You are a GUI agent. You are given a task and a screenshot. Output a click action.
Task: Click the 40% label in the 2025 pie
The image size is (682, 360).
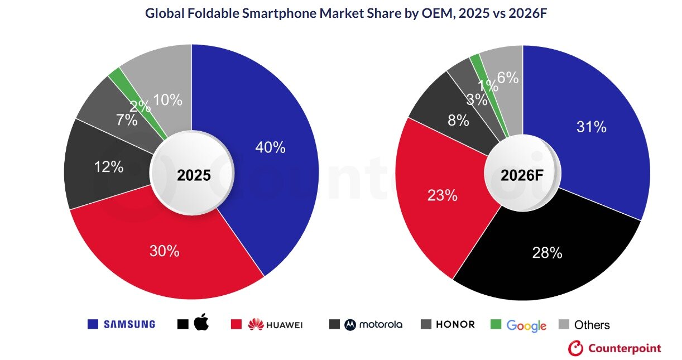coord(270,147)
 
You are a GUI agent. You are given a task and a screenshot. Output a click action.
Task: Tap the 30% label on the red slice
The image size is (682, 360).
coord(165,251)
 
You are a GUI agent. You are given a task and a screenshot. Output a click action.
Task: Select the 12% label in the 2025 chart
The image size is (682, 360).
coord(109,166)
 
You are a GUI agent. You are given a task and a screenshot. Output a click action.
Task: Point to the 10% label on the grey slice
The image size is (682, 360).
coord(168,100)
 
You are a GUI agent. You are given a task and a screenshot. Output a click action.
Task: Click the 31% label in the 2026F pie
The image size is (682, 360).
coord(591,127)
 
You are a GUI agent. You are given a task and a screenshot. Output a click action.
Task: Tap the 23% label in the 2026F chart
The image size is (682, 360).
coord(443,195)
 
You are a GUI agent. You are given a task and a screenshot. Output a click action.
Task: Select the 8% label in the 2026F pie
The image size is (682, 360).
coord(458,120)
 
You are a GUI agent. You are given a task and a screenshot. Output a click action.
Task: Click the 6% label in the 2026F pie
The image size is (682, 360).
coord(508,79)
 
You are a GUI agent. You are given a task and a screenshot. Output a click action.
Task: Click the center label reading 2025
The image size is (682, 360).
coord(194,175)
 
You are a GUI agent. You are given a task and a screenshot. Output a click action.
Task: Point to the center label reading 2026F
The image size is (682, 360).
coord(522,175)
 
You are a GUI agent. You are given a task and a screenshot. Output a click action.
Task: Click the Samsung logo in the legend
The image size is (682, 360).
coord(129,324)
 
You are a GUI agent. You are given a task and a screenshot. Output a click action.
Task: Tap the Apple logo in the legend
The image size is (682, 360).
coord(201,323)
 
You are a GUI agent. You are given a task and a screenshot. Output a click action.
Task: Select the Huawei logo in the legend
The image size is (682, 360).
coord(275,324)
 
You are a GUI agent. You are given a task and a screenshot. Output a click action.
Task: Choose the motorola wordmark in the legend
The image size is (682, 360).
coord(380,324)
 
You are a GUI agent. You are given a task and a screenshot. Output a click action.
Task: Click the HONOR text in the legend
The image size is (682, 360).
coord(455,324)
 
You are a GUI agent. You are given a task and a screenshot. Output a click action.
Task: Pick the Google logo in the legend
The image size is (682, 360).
coord(526,325)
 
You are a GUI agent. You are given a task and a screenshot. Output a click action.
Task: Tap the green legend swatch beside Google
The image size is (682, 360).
coord(495,324)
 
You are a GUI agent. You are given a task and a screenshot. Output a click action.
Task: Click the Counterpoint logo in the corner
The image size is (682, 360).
coord(614,348)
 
